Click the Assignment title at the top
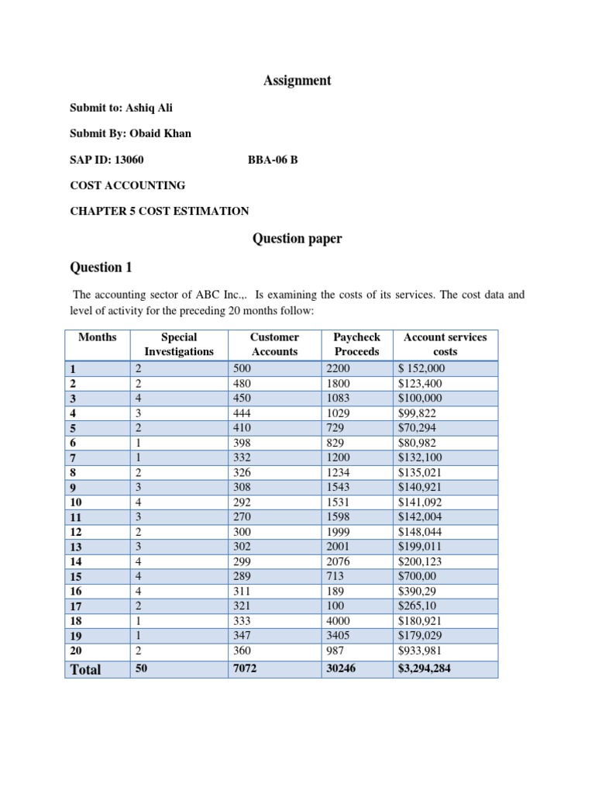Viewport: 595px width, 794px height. tap(297, 81)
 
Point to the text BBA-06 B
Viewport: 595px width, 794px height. tap(272, 160)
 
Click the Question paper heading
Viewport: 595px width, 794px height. tap(297, 239)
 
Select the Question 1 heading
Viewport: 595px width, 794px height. tap(101, 268)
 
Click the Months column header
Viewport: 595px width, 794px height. tap(98, 337)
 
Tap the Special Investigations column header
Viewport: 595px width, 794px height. tap(179, 344)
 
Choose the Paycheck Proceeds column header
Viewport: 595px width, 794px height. tap(356, 344)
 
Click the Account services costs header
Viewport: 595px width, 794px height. tap(445, 344)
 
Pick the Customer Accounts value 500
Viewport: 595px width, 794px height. tap(242, 369)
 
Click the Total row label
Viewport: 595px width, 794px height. tap(86, 669)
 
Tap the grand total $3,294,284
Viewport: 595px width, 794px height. tap(424, 668)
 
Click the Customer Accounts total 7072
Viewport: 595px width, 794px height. tap(245, 668)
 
